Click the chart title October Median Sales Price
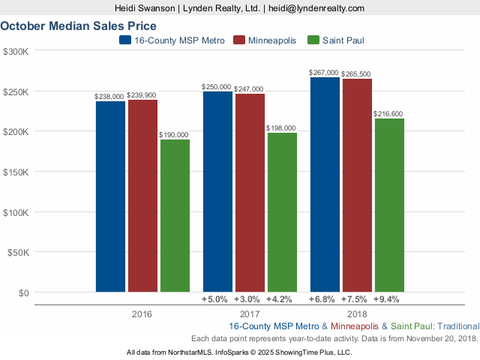[x=78, y=25]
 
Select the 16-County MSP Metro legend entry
[x=125, y=40]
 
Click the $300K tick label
[x=16, y=51]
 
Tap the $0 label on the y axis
[x=22, y=292]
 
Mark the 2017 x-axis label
[x=250, y=313]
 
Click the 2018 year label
[x=357, y=313]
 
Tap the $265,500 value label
[x=356, y=74]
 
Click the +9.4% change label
[x=389, y=300]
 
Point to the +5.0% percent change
[x=214, y=300]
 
